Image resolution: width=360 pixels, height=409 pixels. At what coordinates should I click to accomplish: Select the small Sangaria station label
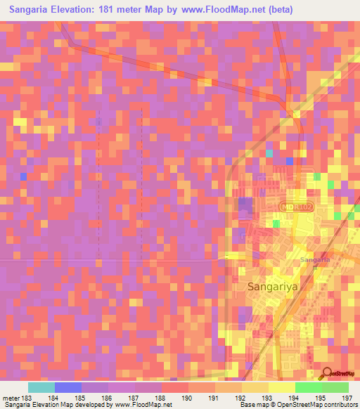click(315, 260)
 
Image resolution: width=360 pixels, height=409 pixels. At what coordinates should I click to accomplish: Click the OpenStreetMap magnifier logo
click(327, 375)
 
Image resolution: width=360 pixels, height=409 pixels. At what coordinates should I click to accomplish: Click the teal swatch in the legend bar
click(41, 387)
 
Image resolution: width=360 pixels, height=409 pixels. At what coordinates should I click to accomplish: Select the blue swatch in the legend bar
click(67, 387)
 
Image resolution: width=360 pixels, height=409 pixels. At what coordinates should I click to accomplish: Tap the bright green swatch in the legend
click(308, 387)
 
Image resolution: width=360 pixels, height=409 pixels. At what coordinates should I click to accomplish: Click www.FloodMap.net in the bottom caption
click(143, 405)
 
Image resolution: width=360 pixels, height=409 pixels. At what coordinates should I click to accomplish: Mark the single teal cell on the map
click(269, 152)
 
